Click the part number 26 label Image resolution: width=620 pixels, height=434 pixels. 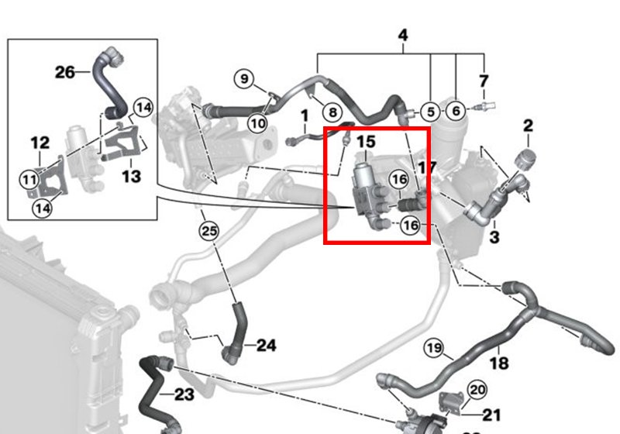pyautogui.click(x=65, y=73)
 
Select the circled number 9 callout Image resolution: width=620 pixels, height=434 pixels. pyautogui.click(x=244, y=78)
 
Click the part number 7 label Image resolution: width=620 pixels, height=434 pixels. pyautogui.click(x=484, y=81)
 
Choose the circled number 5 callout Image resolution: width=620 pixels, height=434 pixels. pyautogui.click(x=432, y=112)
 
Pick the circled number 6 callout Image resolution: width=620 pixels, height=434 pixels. pyautogui.click(x=456, y=112)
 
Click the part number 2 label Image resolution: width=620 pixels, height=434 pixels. pyautogui.click(x=528, y=125)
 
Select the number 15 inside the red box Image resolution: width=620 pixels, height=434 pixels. pyautogui.click(x=365, y=142)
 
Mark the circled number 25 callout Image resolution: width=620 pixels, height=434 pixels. pyautogui.click(x=208, y=230)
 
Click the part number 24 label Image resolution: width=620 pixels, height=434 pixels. pyautogui.click(x=266, y=345)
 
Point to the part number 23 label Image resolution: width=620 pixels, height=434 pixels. pyautogui.click(x=184, y=395)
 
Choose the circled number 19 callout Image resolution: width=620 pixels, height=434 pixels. pyautogui.click(x=433, y=348)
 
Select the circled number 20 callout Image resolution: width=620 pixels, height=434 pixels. pyautogui.click(x=477, y=390)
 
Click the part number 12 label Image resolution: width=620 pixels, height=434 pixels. pyautogui.click(x=40, y=143)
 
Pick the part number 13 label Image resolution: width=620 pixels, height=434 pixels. pyautogui.click(x=131, y=177)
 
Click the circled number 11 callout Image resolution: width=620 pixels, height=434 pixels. pyautogui.click(x=29, y=180)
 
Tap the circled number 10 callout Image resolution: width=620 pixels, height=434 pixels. pyautogui.click(x=257, y=122)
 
